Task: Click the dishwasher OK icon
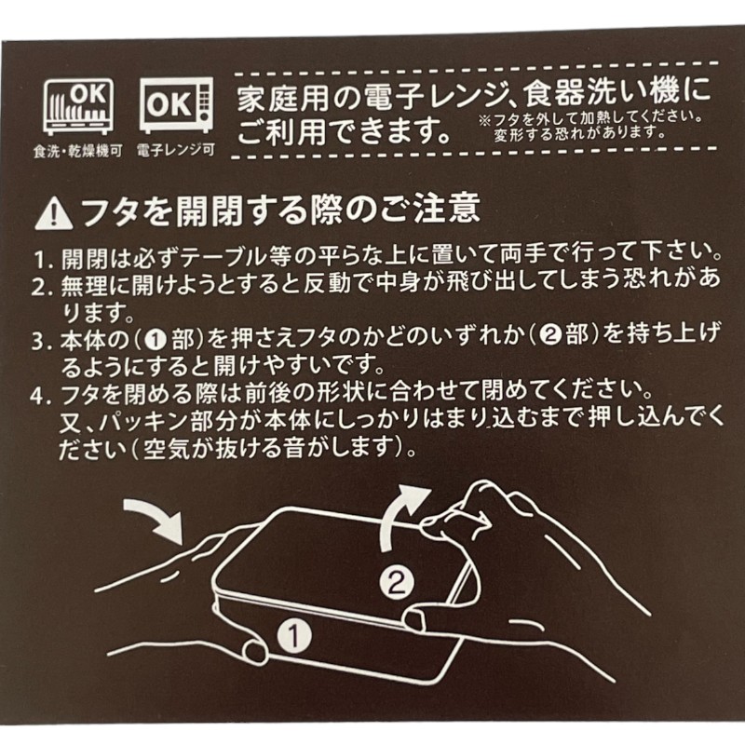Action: point(78,106)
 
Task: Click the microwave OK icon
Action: point(176,104)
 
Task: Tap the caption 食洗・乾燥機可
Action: point(78,151)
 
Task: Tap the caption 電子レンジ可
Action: point(176,151)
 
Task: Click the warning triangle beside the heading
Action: point(54,215)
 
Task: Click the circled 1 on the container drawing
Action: point(294,636)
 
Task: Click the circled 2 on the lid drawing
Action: point(397,582)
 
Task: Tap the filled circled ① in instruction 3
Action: point(156,340)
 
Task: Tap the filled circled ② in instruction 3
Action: point(551,335)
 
